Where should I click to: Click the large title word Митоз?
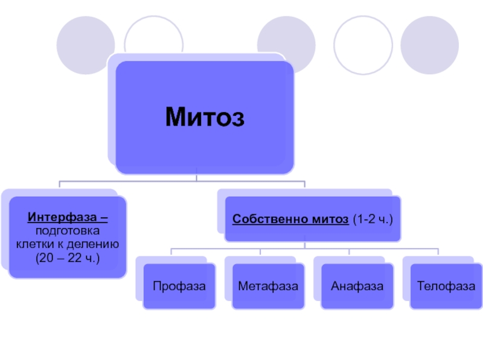click(x=205, y=116)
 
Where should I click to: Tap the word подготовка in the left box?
click(x=68, y=231)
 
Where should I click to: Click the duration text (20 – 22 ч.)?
click(x=68, y=259)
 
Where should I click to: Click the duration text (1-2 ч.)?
click(x=373, y=220)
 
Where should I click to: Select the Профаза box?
click(x=179, y=285)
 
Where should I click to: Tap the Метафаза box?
click(x=268, y=285)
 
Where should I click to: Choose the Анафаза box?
click(x=357, y=285)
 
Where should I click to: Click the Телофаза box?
click(x=446, y=285)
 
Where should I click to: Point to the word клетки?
click(x=35, y=245)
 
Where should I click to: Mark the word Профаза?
click(x=179, y=285)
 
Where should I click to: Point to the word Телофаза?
click(x=446, y=285)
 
